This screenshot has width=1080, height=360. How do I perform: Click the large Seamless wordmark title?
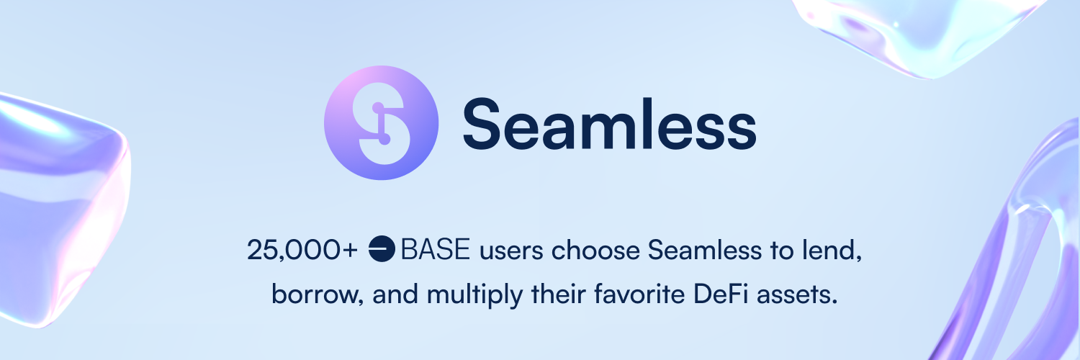tap(609, 124)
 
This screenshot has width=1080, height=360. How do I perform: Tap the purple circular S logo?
tap(382, 123)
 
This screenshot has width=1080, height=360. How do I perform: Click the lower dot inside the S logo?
tap(384, 139)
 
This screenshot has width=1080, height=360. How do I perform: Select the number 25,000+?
tap(302, 250)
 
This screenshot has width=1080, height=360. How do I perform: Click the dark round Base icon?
tap(382, 248)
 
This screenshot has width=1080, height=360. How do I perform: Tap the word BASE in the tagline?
tap(435, 249)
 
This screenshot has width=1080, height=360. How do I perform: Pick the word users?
tap(511, 251)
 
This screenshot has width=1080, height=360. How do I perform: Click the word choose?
tap(595, 250)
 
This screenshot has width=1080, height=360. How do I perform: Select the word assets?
tap(797, 295)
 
